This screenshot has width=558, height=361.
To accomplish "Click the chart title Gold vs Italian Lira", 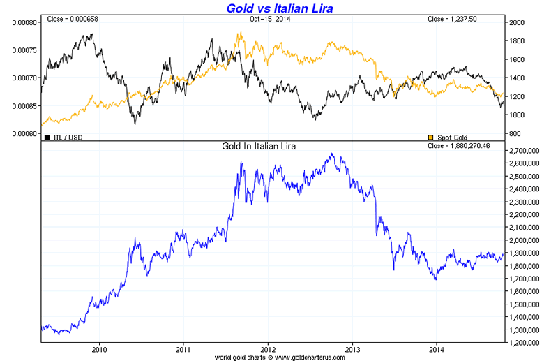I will pyautogui.click(x=279, y=8).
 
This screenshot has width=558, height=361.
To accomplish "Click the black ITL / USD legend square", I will pyautogui.click(x=47, y=138).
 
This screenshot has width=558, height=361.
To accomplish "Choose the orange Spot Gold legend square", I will pyautogui.click(x=430, y=138).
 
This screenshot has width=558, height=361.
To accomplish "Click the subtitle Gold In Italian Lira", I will pyautogui.click(x=268, y=147).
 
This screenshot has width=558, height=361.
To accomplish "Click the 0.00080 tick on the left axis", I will pyautogui.click(x=24, y=22).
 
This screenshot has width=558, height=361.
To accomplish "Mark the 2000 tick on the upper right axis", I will pyautogui.click(x=517, y=22).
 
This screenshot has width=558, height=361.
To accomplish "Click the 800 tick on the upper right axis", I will pyautogui.click(x=515, y=133).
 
